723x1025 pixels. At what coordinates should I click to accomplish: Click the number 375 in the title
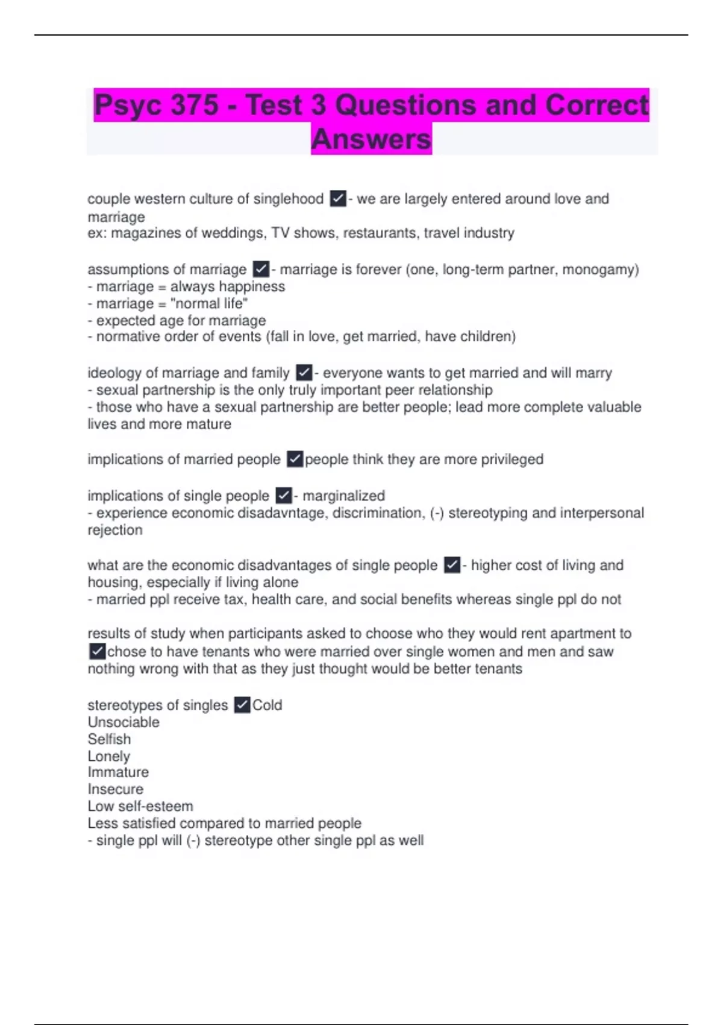(x=194, y=106)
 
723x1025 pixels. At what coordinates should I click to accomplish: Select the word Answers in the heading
(x=371, y=139)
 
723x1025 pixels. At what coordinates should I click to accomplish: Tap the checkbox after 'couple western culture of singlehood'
(x=338, y=199)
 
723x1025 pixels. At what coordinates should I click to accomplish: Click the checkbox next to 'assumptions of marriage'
(x=261, y=269)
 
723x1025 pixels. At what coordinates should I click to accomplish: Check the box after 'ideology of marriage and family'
(x=304, y=373)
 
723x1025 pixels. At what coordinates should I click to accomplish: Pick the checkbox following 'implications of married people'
(x=295, y=459)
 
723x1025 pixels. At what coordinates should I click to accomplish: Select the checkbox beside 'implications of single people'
(x=284, y=496)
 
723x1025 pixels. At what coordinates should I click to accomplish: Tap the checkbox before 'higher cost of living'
(x=452, y=565)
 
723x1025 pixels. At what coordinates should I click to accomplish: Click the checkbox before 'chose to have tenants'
(x=97, y=652)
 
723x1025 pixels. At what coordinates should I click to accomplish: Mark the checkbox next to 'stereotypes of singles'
(x=242, y=705)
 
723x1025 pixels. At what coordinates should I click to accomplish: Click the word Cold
(x=267, y=705)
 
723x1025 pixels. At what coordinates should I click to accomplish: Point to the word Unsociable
(x=124, y=722)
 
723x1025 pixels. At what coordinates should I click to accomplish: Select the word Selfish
(x=109, y=739)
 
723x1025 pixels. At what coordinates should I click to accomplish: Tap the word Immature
(x=118, y=772)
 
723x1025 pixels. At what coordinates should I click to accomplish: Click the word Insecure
(x=116, y=789)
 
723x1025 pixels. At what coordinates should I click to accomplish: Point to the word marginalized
(x=343, y=496)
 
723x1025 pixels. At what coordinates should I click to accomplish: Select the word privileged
(x=507, y=459)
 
